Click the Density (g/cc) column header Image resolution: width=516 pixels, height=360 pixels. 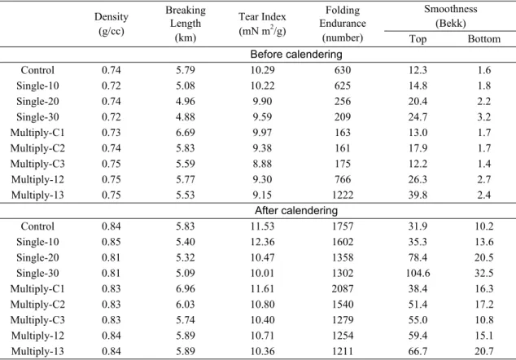[x=112, y=24]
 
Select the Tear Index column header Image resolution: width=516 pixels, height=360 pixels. [x=262, y=24]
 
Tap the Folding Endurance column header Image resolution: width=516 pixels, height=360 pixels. [x=343, y=24]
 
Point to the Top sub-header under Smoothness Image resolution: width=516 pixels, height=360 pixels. [x=418, y=39]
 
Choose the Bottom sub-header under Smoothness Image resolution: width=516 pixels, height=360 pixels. [x=484, y=39]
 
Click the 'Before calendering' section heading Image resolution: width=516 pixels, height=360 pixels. [x=296, y=55]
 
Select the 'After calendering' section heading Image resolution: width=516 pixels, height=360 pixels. [x=296, y=210]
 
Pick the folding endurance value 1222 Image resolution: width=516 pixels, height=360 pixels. [x=343, y=195]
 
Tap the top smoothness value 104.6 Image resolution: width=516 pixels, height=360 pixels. [x=418, y=273]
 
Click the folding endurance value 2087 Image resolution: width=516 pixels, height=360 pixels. [x=343, y=288]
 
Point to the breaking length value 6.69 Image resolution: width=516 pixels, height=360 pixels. [x=186, y=133]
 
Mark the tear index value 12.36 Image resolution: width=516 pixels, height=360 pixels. [x=262, y=242]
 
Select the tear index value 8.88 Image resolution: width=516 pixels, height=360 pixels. [x=262, y=164]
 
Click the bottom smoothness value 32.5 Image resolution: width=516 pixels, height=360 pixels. [x=484, y=273]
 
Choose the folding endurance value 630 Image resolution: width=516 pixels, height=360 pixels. [x=343, y=70]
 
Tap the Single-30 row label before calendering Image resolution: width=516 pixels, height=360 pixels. [x=37, y=117]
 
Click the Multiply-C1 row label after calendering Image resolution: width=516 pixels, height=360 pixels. [x=37, y=289]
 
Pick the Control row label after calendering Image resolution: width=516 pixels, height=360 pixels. [x=37, y=226]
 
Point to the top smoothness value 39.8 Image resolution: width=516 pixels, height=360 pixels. [x=418, y=195]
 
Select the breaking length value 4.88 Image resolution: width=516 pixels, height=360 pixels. [x=186, y=117]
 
